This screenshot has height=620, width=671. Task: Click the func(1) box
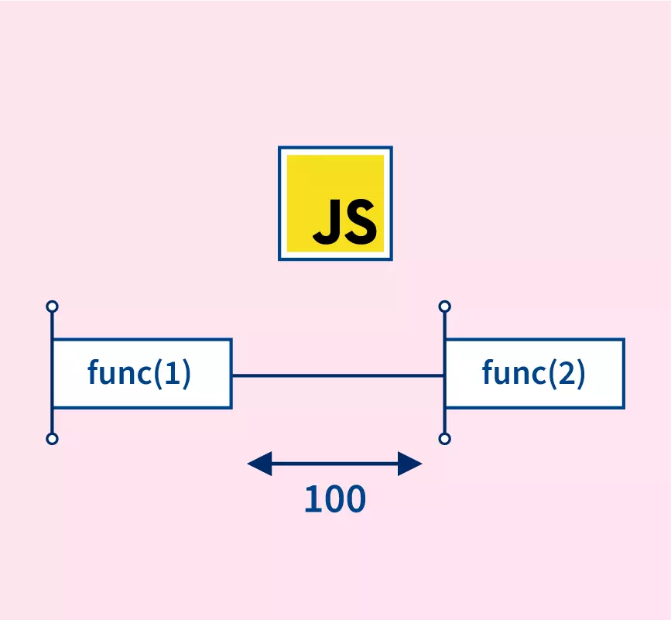142,373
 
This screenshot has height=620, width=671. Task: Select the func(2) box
534,373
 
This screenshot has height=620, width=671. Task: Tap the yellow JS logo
335,203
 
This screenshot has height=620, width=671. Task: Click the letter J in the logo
328,221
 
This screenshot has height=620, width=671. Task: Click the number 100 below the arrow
334,500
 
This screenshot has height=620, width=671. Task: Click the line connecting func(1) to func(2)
337,375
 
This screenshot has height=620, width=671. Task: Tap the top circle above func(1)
52,307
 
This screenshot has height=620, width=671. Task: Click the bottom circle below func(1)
52,439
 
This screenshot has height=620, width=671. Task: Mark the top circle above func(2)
444,307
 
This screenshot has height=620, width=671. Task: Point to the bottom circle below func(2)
444,439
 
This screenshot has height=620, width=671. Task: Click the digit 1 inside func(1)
173,373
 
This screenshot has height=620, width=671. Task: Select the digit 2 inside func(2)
567,373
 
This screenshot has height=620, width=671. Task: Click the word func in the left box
118,373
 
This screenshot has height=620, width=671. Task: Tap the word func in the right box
512,373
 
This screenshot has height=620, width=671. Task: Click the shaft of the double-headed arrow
334,464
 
